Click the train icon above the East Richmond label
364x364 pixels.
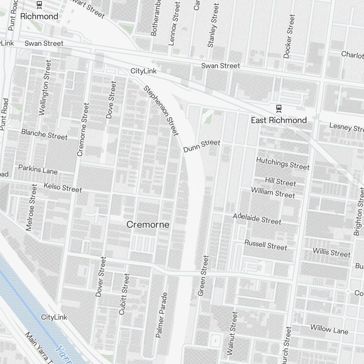coord(278,108)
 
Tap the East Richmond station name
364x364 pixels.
coord(279,120)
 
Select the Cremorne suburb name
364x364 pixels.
coord(148,225)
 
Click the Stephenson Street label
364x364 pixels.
coord(161,111)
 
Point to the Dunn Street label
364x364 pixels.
coord(202,146)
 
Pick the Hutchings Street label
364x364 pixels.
coord(283,163)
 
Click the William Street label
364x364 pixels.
coord(273,193)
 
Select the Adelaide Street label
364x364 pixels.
coord(257,218)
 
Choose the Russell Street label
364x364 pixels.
coord(266,245)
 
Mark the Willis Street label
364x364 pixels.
coord(332,252)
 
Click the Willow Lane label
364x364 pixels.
coord(329,329)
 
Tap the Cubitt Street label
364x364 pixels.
coord(124,294)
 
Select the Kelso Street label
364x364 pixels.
coord(63,187)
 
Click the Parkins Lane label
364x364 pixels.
coord(38,169)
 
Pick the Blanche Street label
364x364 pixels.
coord(44,134)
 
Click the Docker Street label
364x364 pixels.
coord(289,36)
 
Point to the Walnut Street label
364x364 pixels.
coord(232,333)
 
